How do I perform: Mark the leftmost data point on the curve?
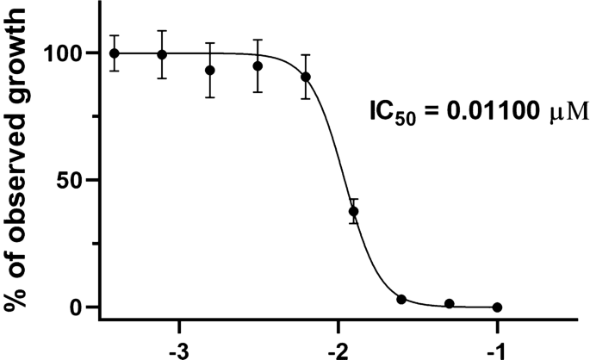(x=115, y=53)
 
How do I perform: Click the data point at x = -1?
(x=497, y=307)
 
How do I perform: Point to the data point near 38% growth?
(x=353, y=211)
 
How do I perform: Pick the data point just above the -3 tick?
(x=162, y=54)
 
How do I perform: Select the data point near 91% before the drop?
(x=306, y=77)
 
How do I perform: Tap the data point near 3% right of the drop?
(x=401, y=299)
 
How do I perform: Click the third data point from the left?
(x=210, y=70)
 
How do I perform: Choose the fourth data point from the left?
(x=258, y=65)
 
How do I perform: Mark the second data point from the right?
(x=450, y=304)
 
